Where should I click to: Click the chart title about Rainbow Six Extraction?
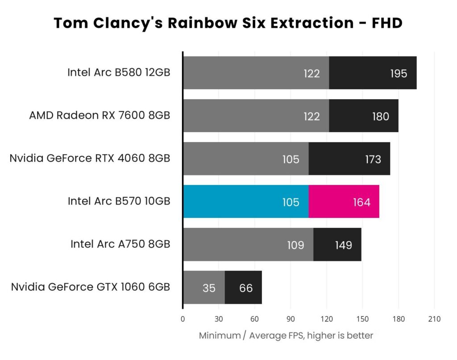click(x=228, y=23)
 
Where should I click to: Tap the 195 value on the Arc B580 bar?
click(x=398, y=73)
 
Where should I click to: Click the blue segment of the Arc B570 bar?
click(x=245, y=202)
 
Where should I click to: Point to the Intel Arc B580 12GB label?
click(x=119, y=72)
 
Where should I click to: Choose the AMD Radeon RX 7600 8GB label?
click(x=100, y=115)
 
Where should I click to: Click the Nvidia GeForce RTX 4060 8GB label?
click(x=90, y=158)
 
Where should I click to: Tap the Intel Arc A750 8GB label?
click(x=120, y=244)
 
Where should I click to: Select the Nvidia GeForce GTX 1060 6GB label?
click(x=91, y=287)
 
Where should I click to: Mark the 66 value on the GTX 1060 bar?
click(x=246, y=288)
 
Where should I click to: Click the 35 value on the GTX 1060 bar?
click(x=209, y=288)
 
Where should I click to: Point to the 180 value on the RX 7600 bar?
click(x=380, y=117)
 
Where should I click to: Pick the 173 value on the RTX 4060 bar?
click(x=373, y=159)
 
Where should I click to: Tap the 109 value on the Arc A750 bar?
click(x=295, y=245)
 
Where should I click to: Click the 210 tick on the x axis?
click(x=434, y=319)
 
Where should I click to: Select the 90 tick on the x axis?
click(x=291, y=319)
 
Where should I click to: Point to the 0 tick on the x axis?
click(x=183, y=319)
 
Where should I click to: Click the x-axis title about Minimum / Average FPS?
click(x=286, y=335)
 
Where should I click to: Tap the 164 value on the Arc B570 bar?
click(x=361, y=202)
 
